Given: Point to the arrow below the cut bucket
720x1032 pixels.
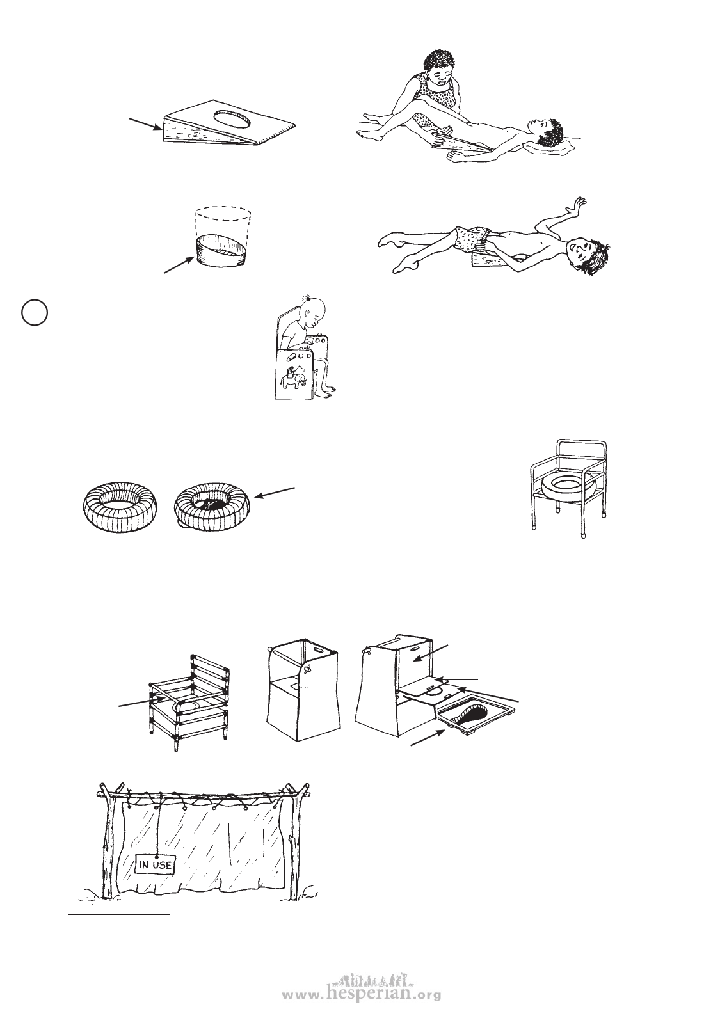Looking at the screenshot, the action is coord(179,265).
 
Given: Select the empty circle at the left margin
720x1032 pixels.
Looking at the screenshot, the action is coord(35,312).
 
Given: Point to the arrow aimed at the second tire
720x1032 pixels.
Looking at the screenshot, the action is coord(275,493).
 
